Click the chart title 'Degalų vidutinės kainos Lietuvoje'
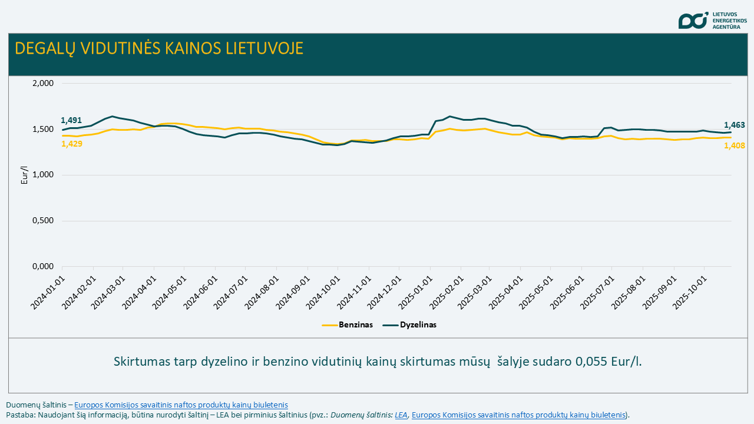coord(159,48)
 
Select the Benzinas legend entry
coord(348,324)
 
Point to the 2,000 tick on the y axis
coord(42,83)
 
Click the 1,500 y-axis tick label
coord(42,129)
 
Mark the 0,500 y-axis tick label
coord(42,221)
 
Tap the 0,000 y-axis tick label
coord(42,267)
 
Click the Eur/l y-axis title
coord(24,175)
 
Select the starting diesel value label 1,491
coord(71,120)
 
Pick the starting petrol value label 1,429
coord(72,144)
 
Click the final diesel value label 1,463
coord(735,125)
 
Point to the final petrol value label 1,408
coord(735,145)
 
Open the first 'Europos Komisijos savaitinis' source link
coord(181,405)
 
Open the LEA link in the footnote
coord(401,415)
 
